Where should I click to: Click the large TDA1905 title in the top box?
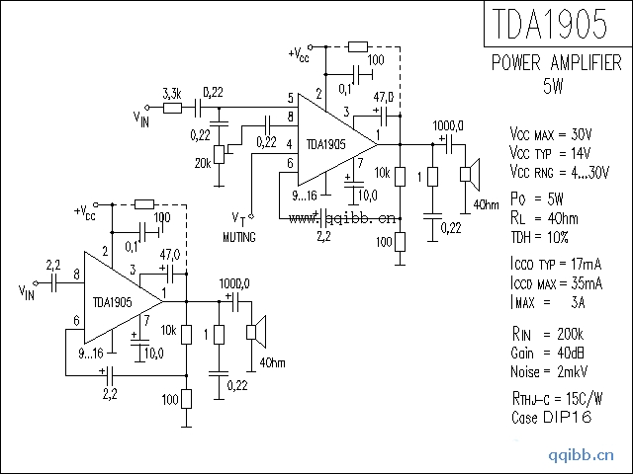point(550,24)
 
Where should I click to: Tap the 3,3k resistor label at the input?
point(172,95)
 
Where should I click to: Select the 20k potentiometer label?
point(203,163)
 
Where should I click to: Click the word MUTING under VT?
point(239,237)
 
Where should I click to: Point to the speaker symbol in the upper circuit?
point(470,174)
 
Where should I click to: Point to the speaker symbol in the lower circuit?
point(256,332)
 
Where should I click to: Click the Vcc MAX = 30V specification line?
point(551,134)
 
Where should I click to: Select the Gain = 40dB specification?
point(547,354)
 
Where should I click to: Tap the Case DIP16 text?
point(552,417)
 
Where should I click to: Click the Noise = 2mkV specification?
point(549,371)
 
